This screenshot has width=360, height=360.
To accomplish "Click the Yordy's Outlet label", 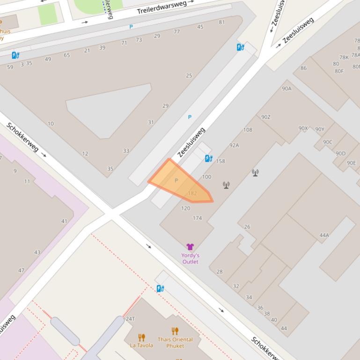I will point(190,259).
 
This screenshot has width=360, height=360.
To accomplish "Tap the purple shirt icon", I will point(190,247).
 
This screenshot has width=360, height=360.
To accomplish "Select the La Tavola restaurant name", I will point(141,346).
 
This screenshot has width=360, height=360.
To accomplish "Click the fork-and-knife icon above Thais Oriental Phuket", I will point(175,331).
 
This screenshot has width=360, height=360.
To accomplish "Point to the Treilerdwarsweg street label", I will point(162,7).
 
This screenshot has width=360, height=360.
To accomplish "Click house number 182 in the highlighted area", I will point(192,193).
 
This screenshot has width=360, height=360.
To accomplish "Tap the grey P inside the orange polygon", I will point(176,180).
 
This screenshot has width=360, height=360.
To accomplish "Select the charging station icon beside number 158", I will point(209,159).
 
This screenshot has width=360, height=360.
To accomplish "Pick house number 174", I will point(197,218).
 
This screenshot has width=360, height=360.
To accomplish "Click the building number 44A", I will point(324,236).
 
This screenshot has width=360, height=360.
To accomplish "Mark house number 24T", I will point(130,319).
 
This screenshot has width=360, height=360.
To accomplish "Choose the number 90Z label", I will point(266,117).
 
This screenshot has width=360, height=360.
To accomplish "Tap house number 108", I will point(248,130).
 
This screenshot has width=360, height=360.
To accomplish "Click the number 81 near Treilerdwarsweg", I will point(222,22).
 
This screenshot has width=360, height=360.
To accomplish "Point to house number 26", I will point(247,227).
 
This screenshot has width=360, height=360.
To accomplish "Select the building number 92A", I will point(234,145).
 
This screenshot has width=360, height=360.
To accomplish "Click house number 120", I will point(185,209).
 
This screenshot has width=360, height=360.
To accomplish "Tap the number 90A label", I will point(287,88).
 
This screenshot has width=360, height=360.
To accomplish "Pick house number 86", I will point(303,68).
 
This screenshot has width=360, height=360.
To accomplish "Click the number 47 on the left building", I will point(21,271).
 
